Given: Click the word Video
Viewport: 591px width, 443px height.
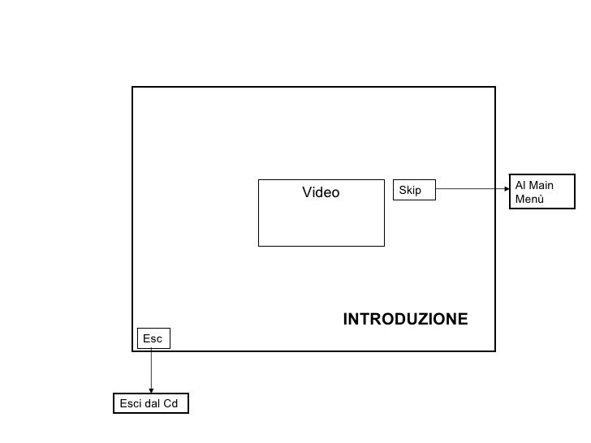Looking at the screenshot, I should coord(321,192).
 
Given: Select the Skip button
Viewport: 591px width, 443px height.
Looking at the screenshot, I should coord(414,190).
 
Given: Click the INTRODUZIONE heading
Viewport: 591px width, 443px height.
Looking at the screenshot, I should coord(405,319).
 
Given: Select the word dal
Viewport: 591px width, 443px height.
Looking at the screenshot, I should coord(153,403).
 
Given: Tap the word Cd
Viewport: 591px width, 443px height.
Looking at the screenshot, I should coord(171,403).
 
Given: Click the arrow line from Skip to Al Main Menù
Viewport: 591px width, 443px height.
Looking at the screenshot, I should coord(471,190).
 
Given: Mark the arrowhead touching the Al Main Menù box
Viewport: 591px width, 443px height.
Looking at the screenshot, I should coord(506,190).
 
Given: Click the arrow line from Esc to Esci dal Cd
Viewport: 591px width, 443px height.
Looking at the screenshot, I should coord(151,369).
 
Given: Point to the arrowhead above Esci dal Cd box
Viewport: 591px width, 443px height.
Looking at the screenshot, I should coord(151,390).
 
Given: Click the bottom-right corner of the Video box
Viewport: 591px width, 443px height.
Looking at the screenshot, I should coord(384,245).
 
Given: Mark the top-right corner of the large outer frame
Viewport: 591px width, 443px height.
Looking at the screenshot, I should coord(494,87).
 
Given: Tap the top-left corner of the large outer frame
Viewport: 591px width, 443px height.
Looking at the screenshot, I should coord(132,87).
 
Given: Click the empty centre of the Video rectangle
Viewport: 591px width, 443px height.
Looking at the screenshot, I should coord(321,219).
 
